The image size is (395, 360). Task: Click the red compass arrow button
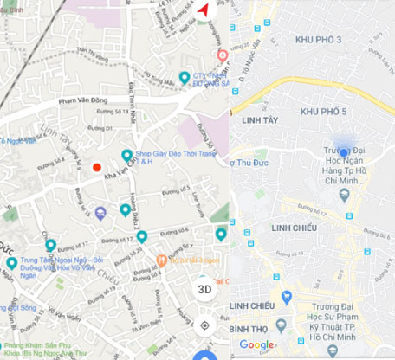(x=204, y=10)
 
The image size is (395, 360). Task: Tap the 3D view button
(x=204, y=289)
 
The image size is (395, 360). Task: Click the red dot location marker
(x=96, y=167)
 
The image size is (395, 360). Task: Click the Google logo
(x=257, y=345)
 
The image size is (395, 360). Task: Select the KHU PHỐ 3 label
(x=319, y=41)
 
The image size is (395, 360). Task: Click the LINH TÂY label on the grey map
(x=262, y=119)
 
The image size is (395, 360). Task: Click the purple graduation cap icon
(x=100, y=213)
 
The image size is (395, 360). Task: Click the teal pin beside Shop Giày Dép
(x=127, y=155)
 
